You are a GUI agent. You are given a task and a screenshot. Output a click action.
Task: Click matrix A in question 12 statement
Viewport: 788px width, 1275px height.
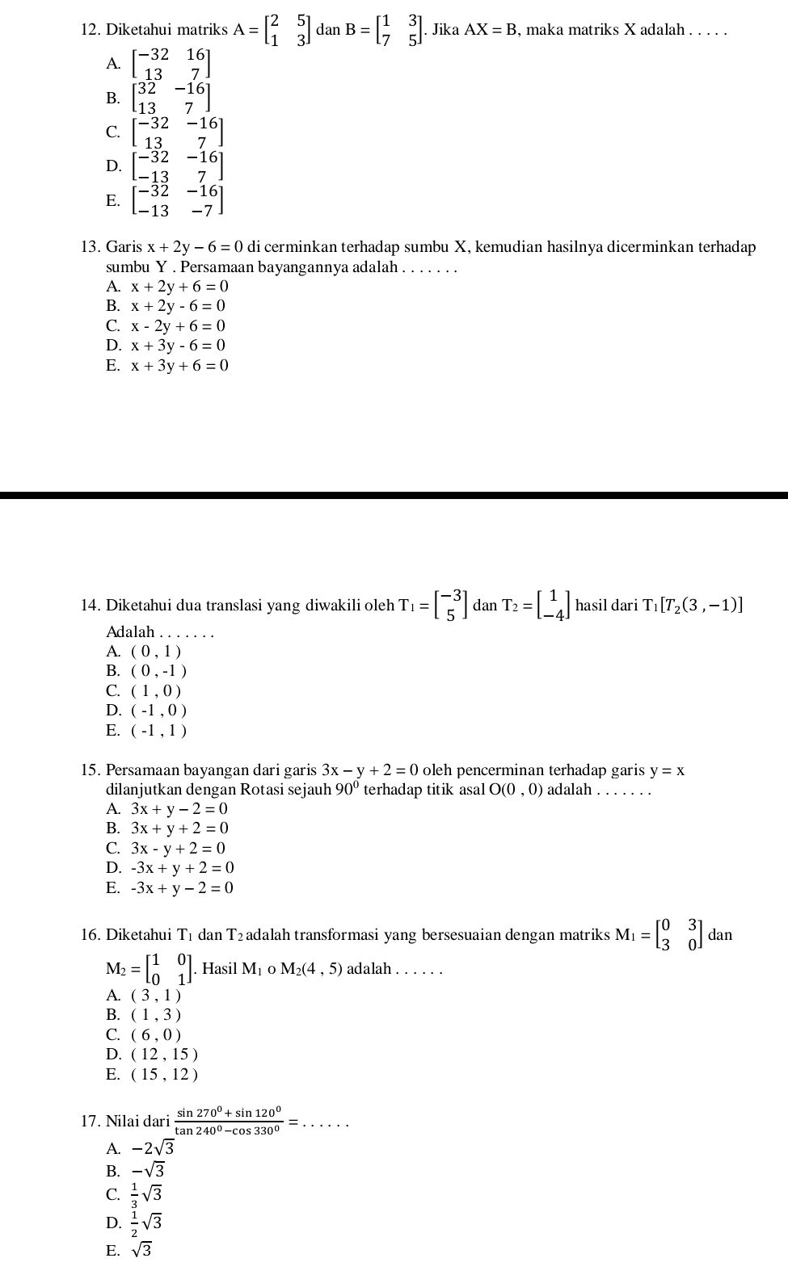point(288,31)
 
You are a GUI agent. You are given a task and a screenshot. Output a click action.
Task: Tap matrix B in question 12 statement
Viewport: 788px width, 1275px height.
point(401,31)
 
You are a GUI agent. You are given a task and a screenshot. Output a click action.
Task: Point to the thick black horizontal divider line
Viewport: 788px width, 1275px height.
point(394,495)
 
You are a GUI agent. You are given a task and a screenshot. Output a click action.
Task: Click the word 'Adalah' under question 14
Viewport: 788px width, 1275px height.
point(130,631)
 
